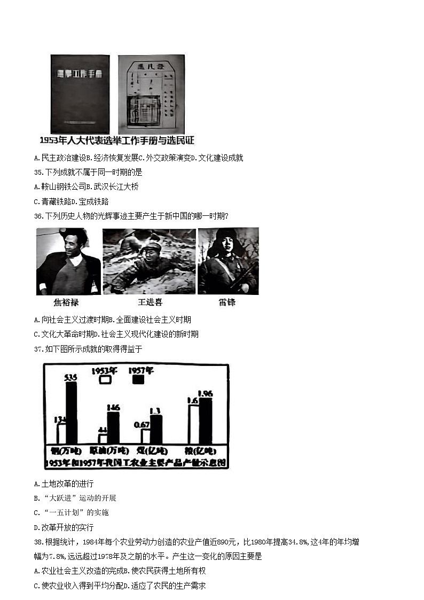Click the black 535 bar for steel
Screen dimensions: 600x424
[71, 412]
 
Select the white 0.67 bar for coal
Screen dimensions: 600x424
[145, 436]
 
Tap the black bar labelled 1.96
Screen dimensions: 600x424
[205, 420]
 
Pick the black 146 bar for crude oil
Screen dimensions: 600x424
[113, 427]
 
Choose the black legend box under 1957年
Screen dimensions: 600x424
[138, 379]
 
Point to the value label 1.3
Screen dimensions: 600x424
[155, 410]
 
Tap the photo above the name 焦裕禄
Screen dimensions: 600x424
[68, 261]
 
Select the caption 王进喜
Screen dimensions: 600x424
[150, 302]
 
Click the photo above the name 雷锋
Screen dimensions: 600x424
[228, 261]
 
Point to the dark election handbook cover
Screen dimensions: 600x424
[80, 94]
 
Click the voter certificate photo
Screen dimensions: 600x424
[151, 94]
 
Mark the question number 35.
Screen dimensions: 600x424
[37, 172]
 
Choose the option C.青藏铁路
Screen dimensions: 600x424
[51, 201]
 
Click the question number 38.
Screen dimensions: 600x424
[37, 542]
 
